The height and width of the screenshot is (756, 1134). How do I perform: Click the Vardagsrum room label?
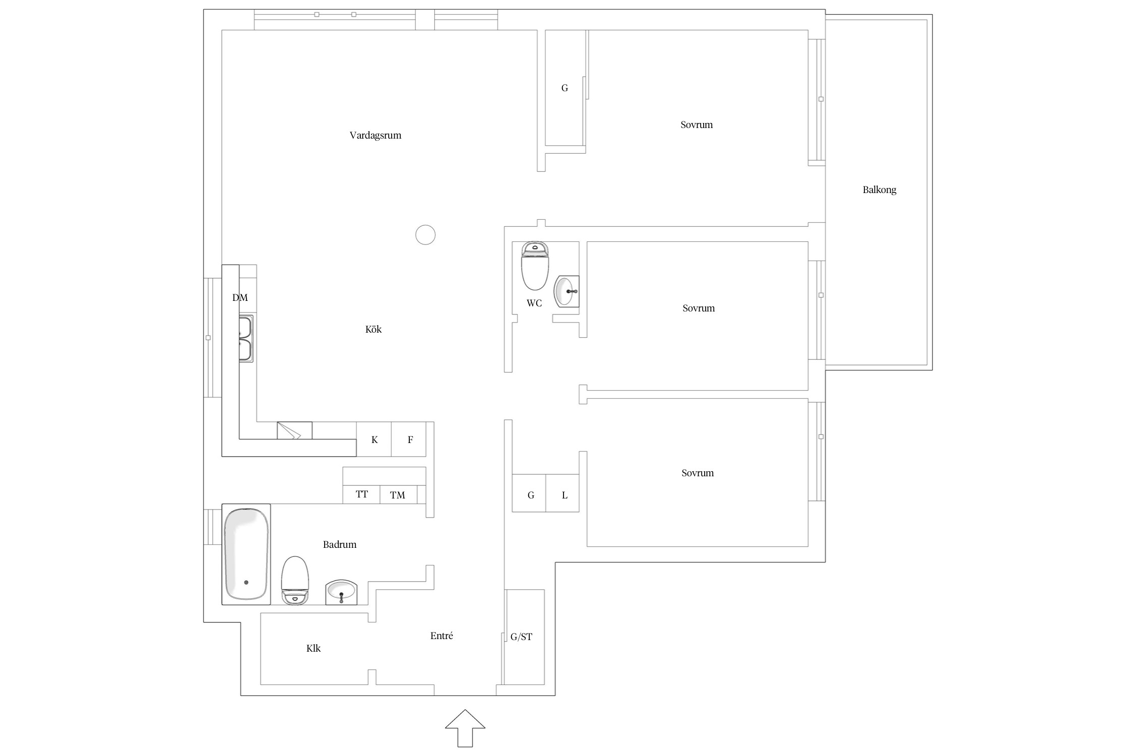coord(375,135)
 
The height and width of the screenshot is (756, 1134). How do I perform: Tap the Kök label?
coord(373,329)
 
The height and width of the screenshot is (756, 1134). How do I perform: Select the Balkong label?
coord(879,190)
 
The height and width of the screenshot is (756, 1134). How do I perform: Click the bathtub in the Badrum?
coord(246,554)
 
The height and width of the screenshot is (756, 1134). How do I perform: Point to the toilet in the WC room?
coord(535,266)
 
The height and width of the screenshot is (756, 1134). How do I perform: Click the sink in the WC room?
coord(566,291)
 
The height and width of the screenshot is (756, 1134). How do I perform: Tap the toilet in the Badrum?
coord(295,580)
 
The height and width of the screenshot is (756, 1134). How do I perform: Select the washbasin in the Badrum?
coord(341,592)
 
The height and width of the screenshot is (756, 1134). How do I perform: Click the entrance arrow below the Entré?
coord(465,728)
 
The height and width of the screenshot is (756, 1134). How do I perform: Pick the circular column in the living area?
coord(425,235)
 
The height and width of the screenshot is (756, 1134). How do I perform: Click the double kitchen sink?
coord(246,338)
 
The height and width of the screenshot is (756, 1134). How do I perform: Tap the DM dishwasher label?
coord(240,297)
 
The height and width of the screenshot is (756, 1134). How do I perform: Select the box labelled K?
coord(374,439)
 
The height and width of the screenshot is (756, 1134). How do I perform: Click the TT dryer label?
coord(362,494)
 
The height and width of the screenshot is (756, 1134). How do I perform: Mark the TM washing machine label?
coord(398,495)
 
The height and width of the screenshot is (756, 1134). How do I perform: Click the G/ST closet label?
coord(521,637)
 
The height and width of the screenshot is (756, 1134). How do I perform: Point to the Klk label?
coord(313,648)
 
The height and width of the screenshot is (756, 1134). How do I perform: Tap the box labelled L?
coord(562,493)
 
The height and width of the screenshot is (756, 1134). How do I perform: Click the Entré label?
coord(442,636)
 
